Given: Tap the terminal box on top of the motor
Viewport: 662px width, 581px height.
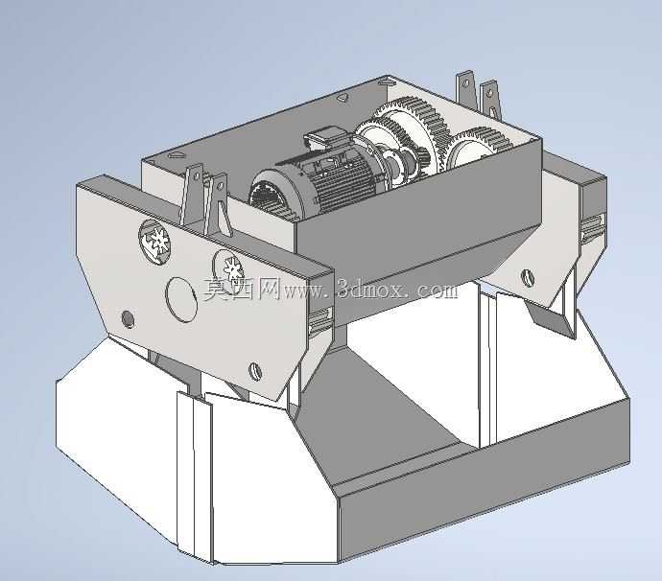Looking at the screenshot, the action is (x=324, y=139).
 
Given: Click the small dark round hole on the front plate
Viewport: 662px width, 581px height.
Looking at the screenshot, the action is (x=128, y=319).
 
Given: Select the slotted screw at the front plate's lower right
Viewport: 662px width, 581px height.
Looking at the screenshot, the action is (x=256, y=371).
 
